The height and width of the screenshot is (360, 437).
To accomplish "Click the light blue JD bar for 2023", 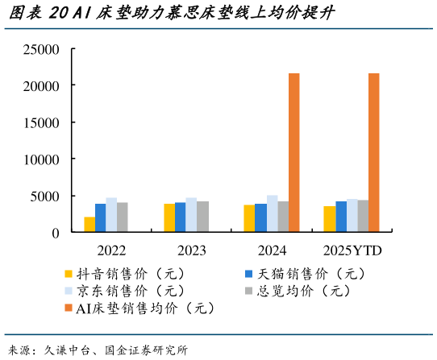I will (x=191, y=215).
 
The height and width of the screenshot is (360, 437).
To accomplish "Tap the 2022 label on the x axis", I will (x=111, y=250).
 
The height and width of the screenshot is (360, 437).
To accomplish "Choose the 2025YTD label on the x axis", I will (x=352, y=250).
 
